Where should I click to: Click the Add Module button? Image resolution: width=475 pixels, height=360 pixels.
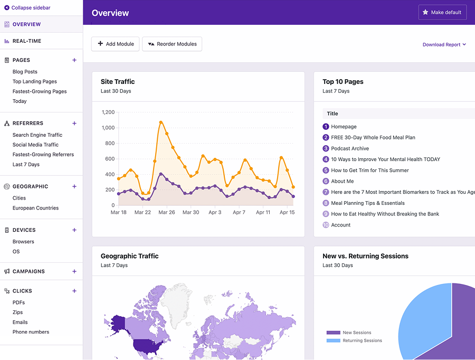coord(116,44)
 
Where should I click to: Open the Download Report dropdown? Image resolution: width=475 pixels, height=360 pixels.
coord(444,44)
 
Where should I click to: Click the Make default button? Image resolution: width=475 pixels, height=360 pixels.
coord(442,13)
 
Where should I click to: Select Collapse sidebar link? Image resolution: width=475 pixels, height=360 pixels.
coord(27,7)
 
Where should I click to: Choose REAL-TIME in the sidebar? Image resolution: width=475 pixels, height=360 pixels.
coord(27,41)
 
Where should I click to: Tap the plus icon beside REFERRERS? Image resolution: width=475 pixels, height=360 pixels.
coord(74,124)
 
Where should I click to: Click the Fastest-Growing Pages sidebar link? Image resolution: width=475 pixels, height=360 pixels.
coord(40,91)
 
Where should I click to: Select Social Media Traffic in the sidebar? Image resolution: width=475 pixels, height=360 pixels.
coord(35,145)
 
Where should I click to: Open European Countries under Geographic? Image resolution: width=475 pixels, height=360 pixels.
coord(35,208)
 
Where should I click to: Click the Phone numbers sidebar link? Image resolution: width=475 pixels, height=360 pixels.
coord(31,332)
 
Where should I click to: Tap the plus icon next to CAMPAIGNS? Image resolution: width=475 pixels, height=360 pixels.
coord(74,271)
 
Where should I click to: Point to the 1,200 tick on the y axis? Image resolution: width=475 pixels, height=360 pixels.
coord(108,112)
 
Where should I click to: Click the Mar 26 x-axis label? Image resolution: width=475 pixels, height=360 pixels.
coord(167,212)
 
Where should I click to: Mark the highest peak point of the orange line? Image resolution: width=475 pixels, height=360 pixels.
coord(161,122)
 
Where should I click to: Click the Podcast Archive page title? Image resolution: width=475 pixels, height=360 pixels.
coord(350,148)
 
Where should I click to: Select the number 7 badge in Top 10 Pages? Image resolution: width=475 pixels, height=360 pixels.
coord(326,192)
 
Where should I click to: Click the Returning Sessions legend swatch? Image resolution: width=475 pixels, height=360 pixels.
coord(333,340)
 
